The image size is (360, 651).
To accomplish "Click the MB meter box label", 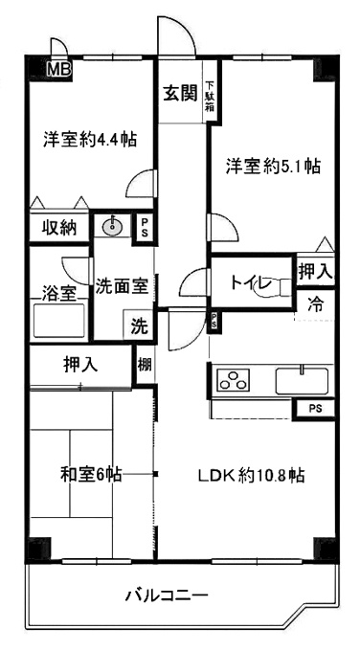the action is [x=59, y=69].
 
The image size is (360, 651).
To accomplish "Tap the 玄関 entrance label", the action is [x=179, y=94].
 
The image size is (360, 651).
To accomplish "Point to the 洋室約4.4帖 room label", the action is [x=90, y=139].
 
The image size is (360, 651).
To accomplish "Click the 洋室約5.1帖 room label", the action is [x=273, y=167].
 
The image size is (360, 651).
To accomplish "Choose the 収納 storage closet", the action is [x=59, y=228].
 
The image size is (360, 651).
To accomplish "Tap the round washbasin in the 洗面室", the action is [x=111, y=226].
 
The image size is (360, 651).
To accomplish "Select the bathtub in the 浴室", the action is [x=59, y=320].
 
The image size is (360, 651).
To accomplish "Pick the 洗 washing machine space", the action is [x=139, y=326].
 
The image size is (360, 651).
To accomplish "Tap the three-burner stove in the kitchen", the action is [x=233, y=380].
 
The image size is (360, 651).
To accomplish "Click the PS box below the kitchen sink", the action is [x=315, y=409].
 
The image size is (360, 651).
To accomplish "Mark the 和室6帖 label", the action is [x=91, y=474].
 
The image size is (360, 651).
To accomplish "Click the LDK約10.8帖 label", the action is [x=251, y=475].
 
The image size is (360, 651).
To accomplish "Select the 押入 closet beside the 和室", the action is [x=80, y=366].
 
